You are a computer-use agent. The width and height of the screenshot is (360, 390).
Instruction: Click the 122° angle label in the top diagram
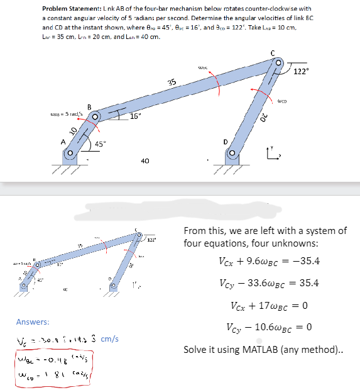point(300,70)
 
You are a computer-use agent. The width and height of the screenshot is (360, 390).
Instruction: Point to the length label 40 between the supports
point(145,161)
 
